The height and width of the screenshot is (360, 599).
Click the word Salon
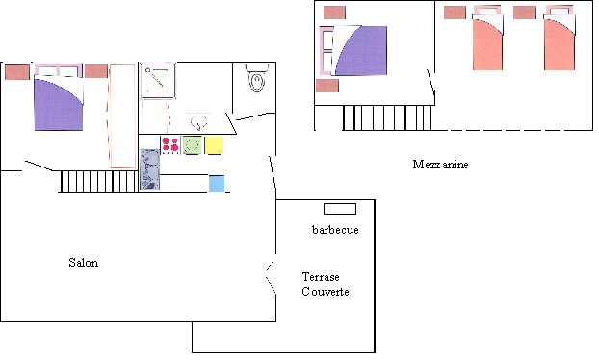pos(83,263)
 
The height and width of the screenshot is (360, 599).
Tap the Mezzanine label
pos(440,165)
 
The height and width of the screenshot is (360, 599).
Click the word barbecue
pos(335,230)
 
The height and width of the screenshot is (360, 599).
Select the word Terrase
pos(321,277)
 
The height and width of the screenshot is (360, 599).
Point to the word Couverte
pos(326,292)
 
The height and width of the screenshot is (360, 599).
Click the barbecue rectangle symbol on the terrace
pos(340,209)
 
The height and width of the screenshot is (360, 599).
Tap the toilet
pos(257,79)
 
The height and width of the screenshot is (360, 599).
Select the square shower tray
pos(158,81)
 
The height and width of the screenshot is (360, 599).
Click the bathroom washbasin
pos(197,121)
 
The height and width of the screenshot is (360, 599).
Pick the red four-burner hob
pos(170,145)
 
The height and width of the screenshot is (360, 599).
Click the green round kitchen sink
pos(192,145)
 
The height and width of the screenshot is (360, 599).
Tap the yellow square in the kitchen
pos(214,145)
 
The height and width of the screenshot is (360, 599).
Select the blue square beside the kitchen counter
pos(217,183)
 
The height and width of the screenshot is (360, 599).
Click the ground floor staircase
pos(99,181)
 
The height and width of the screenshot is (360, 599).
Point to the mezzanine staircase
pos(387,118)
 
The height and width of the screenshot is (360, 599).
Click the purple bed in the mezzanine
pos(353,50)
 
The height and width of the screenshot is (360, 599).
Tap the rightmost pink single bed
pos(560,38)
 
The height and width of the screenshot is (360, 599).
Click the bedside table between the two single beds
pos(525,13)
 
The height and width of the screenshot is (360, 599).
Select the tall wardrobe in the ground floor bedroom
pos(122,116)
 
